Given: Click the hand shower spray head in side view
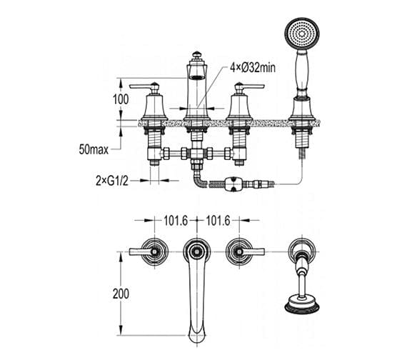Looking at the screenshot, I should click(298, 34).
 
